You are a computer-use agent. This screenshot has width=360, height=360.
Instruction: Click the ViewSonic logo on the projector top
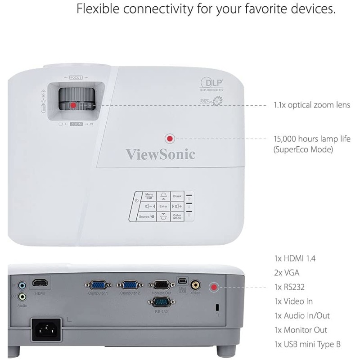pos(160,154)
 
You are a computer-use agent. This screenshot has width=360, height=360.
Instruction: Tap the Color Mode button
pos(177,216)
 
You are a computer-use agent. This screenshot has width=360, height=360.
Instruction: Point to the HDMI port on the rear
pos(40,283)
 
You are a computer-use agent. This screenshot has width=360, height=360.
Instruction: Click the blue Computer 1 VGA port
pos(98,285)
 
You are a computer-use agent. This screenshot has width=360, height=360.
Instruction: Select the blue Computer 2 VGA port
pos(130,285)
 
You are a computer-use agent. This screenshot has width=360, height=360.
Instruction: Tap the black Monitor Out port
pos(161,285)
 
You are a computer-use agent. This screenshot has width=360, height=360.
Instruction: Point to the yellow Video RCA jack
pos(195,285)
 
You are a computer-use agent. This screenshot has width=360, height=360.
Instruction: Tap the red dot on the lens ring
pos(73,105)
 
